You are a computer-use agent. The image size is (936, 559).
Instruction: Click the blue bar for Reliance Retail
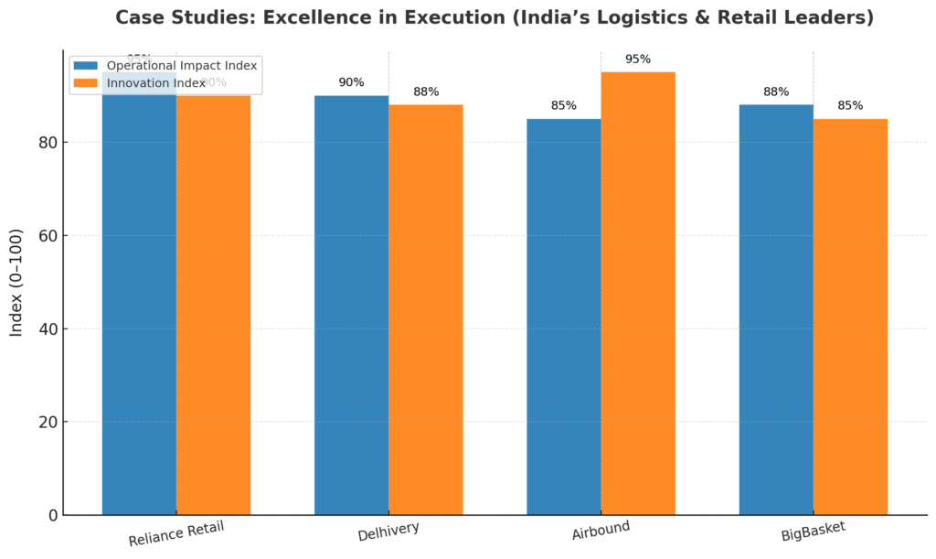[139, 302]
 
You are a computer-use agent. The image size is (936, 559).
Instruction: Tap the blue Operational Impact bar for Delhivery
[351, 306]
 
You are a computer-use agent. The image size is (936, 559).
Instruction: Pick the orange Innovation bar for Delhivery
[425, 311]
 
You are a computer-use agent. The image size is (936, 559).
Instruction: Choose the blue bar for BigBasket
[775, 311]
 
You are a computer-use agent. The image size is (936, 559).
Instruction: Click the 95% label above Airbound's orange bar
[637, 59]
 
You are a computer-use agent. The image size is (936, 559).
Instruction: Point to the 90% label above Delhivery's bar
[351, 82]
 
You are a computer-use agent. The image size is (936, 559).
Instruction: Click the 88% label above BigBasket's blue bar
[775, 91]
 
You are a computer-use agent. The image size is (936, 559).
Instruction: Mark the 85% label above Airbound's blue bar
[563, 106]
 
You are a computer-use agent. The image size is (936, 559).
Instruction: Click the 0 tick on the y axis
[51, 516]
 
